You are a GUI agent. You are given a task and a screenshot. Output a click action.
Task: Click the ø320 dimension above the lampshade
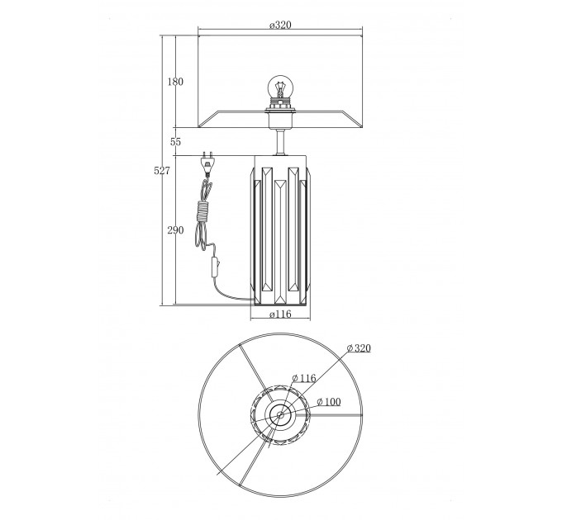point(280,25)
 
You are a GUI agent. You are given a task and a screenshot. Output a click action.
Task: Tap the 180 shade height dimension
point(175,82)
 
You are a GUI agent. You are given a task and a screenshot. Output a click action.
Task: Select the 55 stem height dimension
point(175,142)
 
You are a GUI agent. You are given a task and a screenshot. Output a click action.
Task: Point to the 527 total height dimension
point(162,171)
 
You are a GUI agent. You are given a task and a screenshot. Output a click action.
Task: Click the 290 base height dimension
point(175,230)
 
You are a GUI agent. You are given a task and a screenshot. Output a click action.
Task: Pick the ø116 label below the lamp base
point(280,314)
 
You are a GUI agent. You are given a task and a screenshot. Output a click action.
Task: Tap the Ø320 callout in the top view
point(359,347)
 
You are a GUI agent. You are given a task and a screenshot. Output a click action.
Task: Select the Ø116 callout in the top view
point(304,378)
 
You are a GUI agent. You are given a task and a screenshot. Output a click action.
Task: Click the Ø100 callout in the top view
point(329,402)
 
